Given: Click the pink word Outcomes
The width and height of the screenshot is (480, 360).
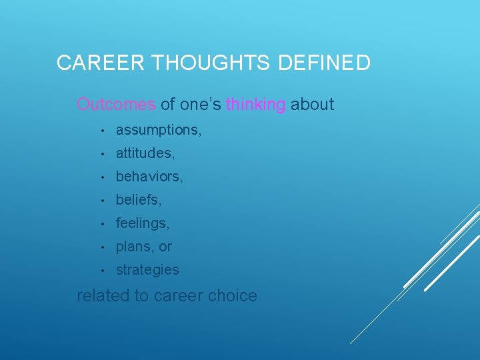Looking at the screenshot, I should tap(116, 105).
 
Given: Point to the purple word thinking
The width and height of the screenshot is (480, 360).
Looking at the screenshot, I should tap(256, 105).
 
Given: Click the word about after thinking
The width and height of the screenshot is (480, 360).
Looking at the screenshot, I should tap(312, 105).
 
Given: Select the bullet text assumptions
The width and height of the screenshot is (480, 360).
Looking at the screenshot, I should tap(158, 130).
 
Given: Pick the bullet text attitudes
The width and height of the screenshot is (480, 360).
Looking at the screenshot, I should tap(145, 153).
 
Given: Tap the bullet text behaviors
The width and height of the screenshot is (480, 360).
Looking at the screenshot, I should tap(149, 177).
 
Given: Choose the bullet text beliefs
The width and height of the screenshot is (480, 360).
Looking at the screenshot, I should tap(139, 200).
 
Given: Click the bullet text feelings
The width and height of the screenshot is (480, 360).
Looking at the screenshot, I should tap(142, 223).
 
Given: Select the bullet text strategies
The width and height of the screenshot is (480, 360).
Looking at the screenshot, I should tap(147, 270).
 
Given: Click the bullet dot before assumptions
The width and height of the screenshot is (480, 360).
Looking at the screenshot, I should tap(100, 130).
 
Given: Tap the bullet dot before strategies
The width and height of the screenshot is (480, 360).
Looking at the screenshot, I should tap(100, 270).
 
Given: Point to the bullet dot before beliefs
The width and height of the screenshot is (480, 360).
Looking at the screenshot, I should tap(100, 200).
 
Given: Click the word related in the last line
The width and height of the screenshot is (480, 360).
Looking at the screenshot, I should tap(103, 295).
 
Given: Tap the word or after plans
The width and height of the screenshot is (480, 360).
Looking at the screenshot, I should tap(165, 247).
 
